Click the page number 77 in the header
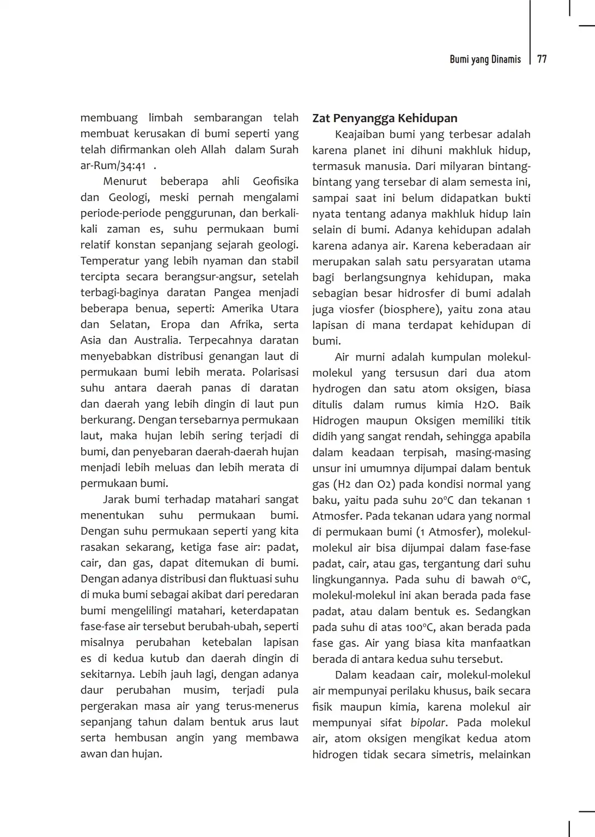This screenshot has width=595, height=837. (542, 59)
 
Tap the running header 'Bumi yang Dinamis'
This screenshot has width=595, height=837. (485, 59)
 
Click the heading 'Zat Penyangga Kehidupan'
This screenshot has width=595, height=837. (385, 118)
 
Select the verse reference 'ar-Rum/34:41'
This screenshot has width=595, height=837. (113, 166)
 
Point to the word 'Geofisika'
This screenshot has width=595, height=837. (275, 182)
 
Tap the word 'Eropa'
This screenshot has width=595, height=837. (175, 324)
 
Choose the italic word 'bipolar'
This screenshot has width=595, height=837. (428, 723)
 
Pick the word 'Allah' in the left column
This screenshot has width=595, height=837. (213, 149)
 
